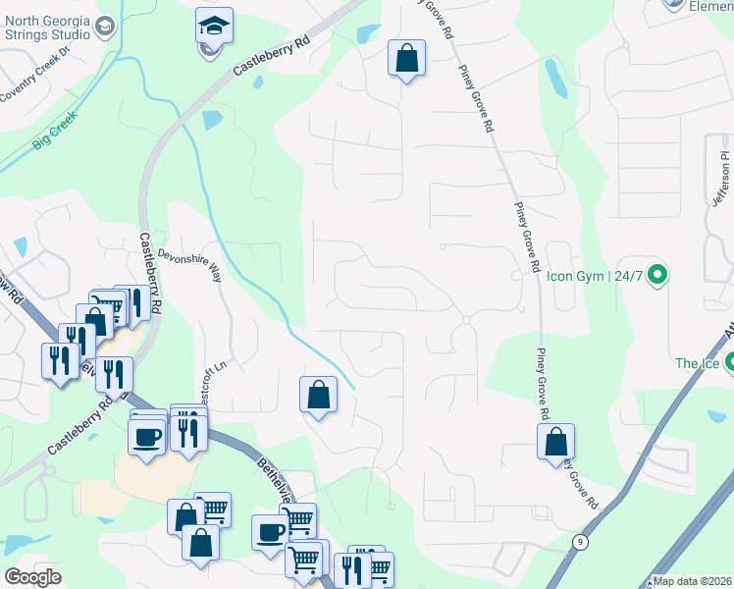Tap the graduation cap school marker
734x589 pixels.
point(213,27)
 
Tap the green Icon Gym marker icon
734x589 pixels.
point(658,274)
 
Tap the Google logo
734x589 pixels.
point(32,577)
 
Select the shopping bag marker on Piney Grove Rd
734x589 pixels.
point(556,442)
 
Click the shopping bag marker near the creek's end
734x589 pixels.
point(319,396)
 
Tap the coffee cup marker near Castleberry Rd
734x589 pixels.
point(147,437)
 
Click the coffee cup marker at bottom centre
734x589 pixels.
point(271,533)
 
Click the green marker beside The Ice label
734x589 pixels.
point(729,364)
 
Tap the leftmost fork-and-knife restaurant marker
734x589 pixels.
point(60,361)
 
